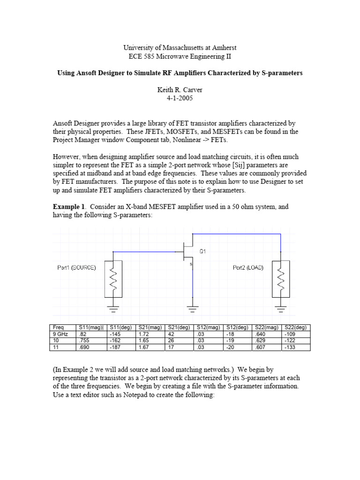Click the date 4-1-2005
tap(180, 99)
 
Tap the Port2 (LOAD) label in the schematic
tap(248, 268)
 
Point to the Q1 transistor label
tap(202, 251)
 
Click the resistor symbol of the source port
tap(113, 279)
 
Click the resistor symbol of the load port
tap(280, 279)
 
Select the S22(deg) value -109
tap(289, 334)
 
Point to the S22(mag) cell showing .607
tap(260, 347)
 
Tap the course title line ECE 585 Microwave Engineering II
tap(180, 56)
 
